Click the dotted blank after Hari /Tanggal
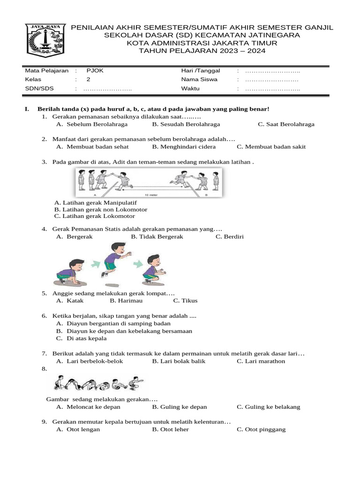pyautogui.click(x=272, y=71)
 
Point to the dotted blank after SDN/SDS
pyautogui.click(x=108, y=89)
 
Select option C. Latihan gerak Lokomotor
pyautogui.click(x=95, y=216)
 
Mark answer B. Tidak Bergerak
pyautogui.click(x=157, y=237)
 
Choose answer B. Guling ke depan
pyautogui.click(x=180, y=407)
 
